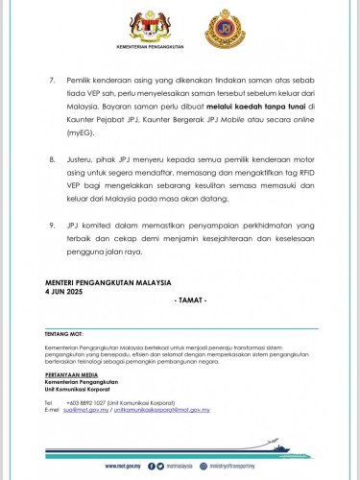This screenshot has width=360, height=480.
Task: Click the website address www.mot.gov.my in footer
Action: [x=125, y=466]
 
